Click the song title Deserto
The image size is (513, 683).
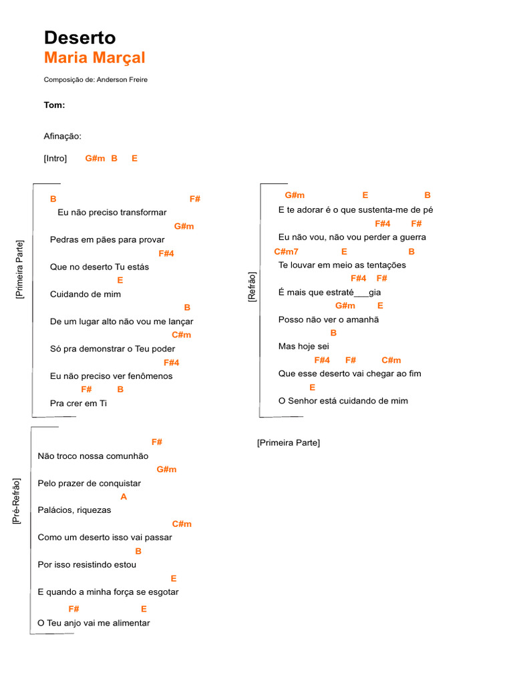click(79, 38)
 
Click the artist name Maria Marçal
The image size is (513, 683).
click(94, 58)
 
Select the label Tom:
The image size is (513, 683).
click(54, 105)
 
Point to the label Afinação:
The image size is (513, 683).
click(63, 136)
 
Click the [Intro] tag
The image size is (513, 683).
click(55, 159)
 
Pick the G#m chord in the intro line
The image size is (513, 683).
click(95, 159)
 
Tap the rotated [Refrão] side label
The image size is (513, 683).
click(252, 287)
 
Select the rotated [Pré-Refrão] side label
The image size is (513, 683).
click(17, 500)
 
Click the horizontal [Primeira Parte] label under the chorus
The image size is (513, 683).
click(288, 443)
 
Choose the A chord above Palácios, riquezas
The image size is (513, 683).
click(124, 497)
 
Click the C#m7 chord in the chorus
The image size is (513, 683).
click(286, 251)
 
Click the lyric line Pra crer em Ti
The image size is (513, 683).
click(78, 404)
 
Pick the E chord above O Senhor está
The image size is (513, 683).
click(312, 388)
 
